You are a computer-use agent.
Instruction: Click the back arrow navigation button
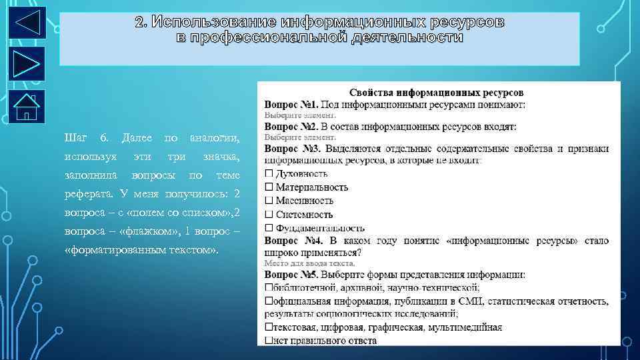27,22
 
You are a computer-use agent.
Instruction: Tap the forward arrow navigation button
27,63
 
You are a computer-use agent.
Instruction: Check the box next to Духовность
269,173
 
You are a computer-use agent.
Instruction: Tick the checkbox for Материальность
269,187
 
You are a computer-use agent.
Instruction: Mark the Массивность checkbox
269,201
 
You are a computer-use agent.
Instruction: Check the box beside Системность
269,215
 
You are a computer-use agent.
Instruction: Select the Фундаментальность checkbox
269,228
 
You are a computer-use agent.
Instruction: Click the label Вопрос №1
291,105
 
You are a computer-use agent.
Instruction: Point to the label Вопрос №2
291,126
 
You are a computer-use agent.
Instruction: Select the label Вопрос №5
291,274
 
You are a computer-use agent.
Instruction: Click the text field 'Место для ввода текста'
299,263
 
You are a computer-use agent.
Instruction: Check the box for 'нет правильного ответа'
268,341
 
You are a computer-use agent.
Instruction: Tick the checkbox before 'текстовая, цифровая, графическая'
268,327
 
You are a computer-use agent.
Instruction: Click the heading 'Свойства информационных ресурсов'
437,93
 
